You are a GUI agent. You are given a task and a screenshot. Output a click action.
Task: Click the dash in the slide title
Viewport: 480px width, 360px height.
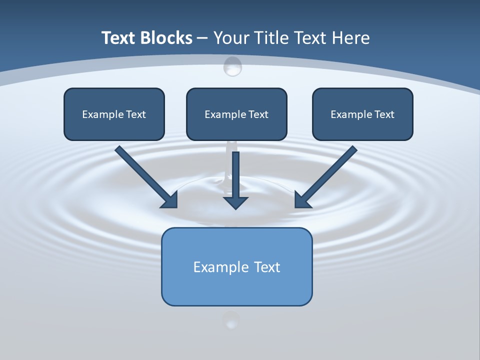(202, 38)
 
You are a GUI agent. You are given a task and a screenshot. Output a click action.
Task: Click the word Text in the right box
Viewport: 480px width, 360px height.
(384, 114)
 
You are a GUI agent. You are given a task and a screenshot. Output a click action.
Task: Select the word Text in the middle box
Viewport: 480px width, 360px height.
(258, 114)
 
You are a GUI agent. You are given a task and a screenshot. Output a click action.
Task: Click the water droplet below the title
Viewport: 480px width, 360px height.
(232, 66)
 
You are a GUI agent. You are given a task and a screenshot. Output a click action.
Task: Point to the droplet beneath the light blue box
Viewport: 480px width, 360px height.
(230, 320)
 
